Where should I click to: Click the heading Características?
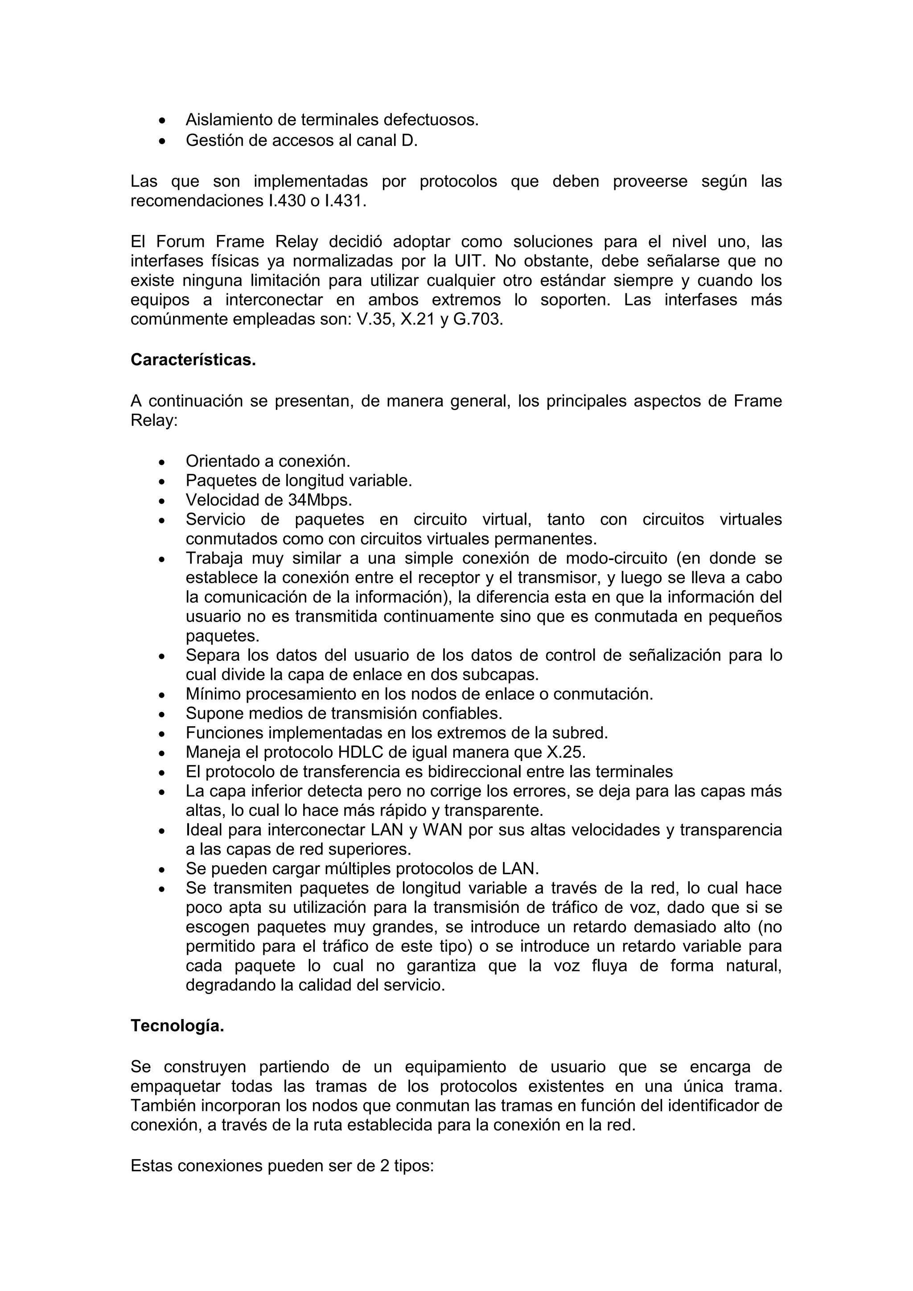[193, 360]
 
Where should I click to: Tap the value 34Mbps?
[321, 500]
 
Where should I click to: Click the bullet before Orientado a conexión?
[162, 462]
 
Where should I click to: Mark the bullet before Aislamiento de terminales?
[162, 121]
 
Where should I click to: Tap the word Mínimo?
[213, 694]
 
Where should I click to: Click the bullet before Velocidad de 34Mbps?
[162, 501]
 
